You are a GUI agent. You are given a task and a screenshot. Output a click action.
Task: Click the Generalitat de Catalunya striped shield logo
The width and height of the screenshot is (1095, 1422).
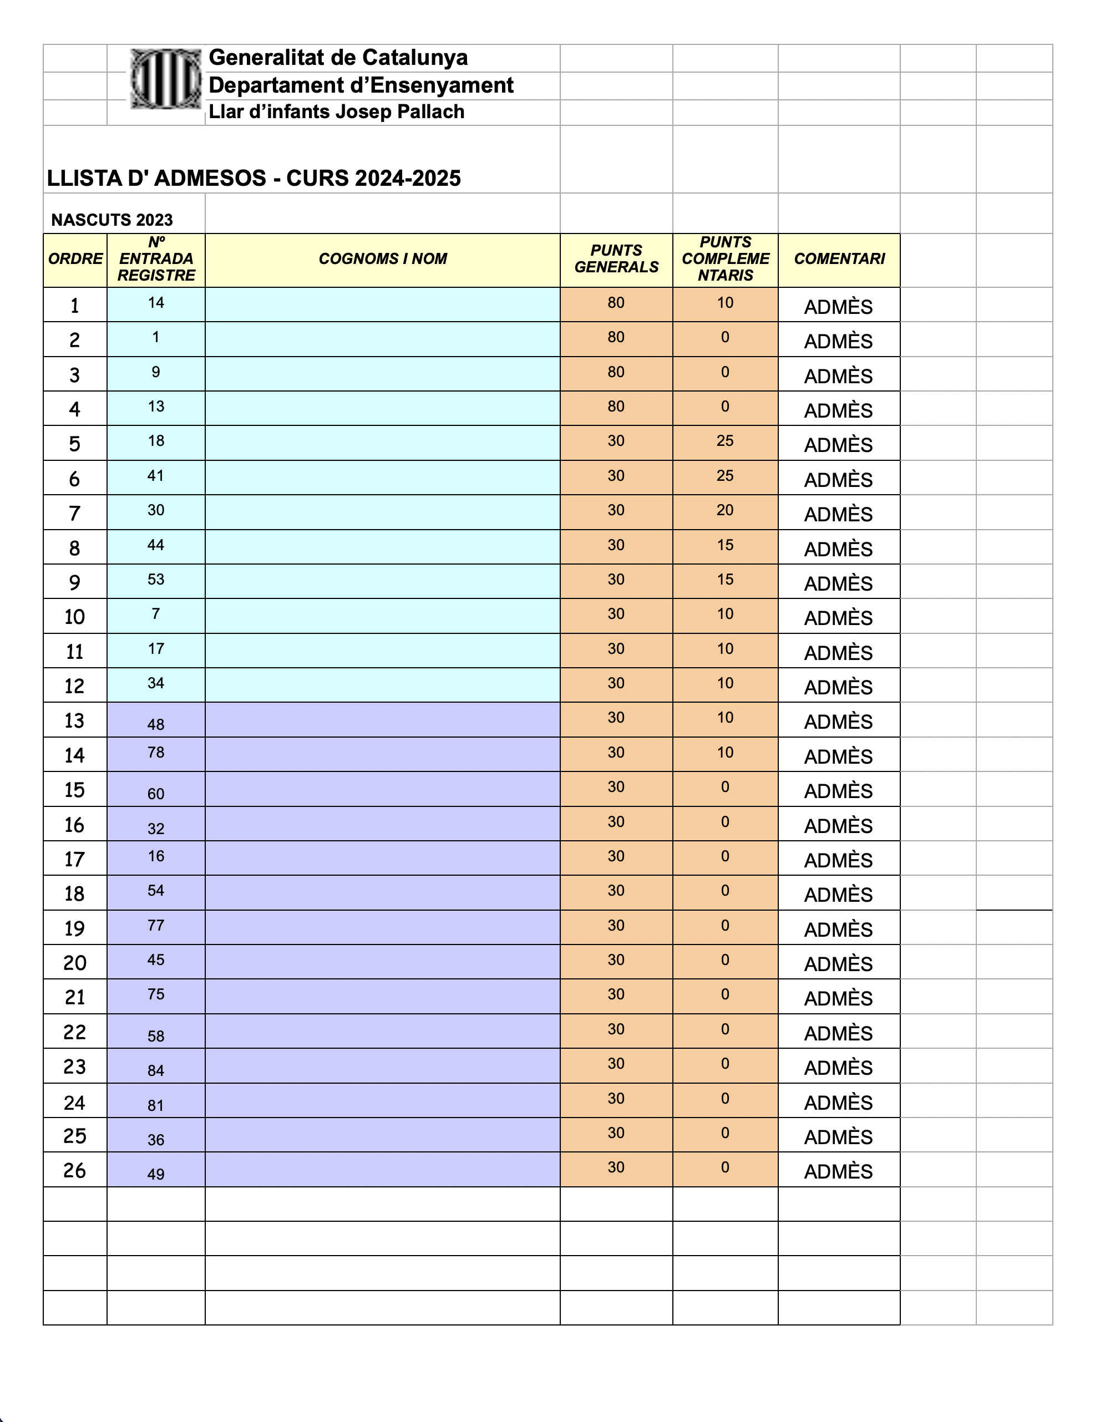pyautogui.click(x=165, y=79)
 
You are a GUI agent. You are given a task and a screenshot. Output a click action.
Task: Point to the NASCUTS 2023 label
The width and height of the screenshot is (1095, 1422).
pyautogui.click(x=112, y=220)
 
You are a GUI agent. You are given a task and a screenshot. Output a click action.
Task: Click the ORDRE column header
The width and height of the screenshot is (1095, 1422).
pyautogui.click(x=75, y=259)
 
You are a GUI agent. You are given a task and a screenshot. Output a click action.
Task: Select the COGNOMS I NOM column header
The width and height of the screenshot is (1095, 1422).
pyautogui.click(x=382, y=259)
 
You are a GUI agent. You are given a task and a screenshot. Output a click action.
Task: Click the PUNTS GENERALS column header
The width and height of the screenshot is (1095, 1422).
pyautogui.click(x=616, y=259)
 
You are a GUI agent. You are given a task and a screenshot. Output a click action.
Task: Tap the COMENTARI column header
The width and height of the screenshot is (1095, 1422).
pyautogui.click(x=839, y=259)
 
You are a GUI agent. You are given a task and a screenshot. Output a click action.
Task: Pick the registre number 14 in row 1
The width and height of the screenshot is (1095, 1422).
pyautogui.click(x=156, y=303)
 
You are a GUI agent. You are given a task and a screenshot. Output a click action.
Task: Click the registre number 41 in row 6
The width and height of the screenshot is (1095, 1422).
pyautogui.click(x=156, y=476)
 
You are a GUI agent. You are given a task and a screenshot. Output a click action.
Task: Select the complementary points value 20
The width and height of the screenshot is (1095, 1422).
pyautogui.click(x=725, y=510)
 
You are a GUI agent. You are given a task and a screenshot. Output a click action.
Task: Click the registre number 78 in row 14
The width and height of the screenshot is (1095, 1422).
pyautogui.click(x=156, y=753)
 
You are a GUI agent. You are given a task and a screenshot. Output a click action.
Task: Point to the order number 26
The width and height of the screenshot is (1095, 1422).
pyautogui.click(x=75, y=1171)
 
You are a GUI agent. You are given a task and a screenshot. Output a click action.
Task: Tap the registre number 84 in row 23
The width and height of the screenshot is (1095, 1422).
pyautogui.click(x=156, y=1070)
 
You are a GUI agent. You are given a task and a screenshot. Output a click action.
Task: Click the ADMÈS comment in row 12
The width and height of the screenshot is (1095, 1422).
pyautogui.click(x=838, y=688)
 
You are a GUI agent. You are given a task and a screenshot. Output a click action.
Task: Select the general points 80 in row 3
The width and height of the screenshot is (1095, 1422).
pyautogui.click(x=616, y=373)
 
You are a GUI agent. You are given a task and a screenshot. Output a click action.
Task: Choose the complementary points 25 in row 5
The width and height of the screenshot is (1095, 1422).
pyautogui.click(x=725, y=441)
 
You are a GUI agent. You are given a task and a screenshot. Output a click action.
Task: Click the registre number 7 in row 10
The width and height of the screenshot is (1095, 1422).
pyautogui.click(x=156, y=614)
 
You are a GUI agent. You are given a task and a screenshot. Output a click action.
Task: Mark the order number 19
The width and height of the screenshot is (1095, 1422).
pyautogui.click(x=75, y=928)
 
